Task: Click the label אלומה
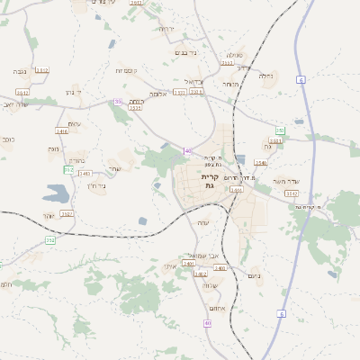(x=157, y=94)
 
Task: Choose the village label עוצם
(x=75, y=124)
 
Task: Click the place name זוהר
(x=49, y=216)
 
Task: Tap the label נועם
(x=253, y=275)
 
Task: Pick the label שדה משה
(x=298, y=181)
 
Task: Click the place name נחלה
(x=266, y=76)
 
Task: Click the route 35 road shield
(x=118, y=102)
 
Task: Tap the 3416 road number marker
(x=61, y=131)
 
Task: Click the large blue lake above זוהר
(x=54, y=193)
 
